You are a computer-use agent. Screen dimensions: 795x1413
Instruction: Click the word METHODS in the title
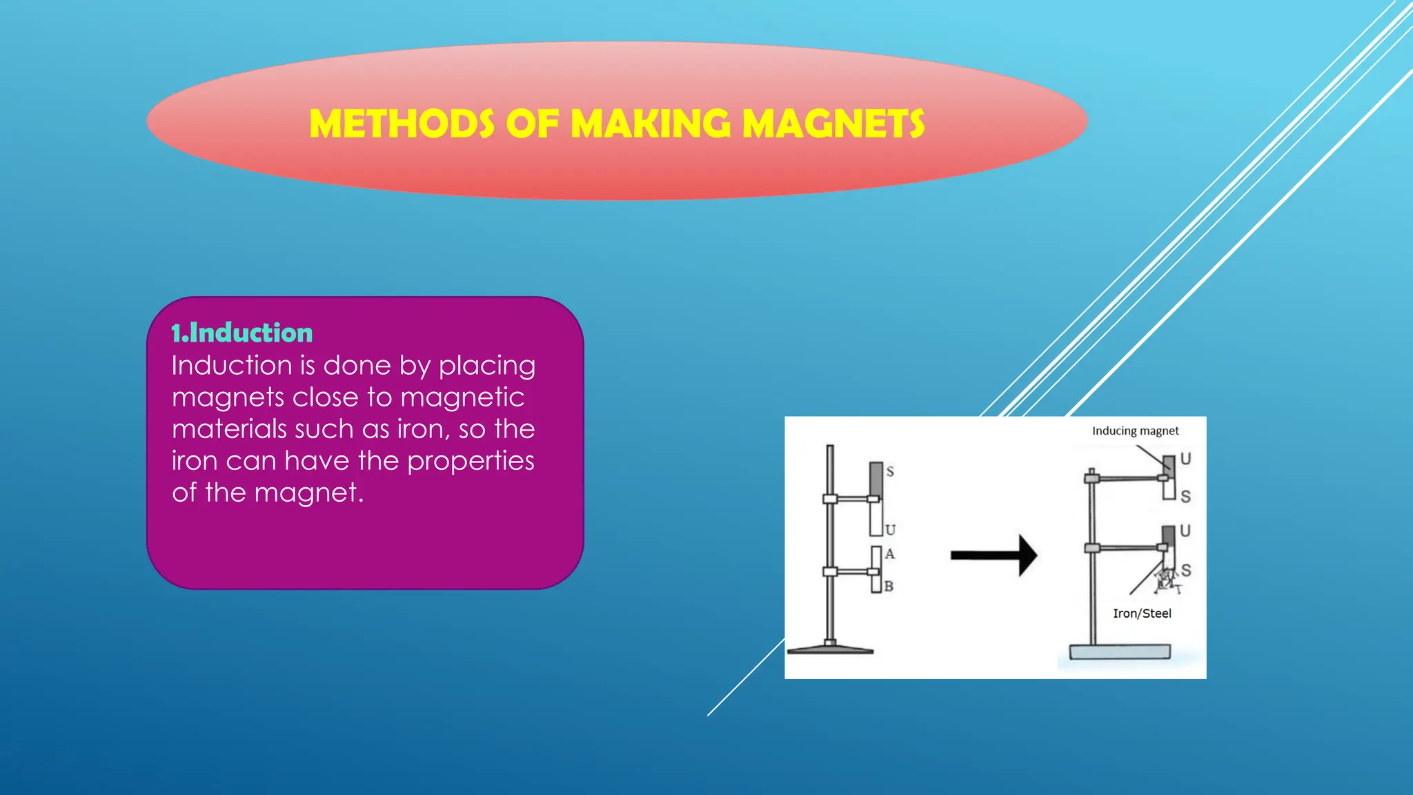point(402,124)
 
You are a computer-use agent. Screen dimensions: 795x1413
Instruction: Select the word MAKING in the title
point(651,124)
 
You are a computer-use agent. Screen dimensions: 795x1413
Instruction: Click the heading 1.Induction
point(242,333)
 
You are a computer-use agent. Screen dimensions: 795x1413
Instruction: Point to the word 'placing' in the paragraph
point(487,366)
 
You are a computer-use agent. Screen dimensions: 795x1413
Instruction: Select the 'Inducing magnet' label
point(1135,431)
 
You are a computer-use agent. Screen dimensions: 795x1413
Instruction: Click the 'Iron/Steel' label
point(1142,614)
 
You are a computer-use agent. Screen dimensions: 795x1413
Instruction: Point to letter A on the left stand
point(890,553)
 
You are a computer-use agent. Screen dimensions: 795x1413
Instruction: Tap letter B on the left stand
point(889,587)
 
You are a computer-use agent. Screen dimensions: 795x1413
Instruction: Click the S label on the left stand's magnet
point(890,472)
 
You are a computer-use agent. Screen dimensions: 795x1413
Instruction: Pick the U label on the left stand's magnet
point(890,530)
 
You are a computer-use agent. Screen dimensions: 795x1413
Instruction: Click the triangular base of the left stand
point(831,649)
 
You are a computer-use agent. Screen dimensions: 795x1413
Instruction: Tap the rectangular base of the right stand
point(1120,651)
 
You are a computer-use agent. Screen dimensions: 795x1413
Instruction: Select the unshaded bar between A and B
point(876,569)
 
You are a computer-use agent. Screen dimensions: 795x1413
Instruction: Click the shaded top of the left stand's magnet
point(876,478)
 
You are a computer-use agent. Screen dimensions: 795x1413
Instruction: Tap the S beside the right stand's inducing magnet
point(1185,496)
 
